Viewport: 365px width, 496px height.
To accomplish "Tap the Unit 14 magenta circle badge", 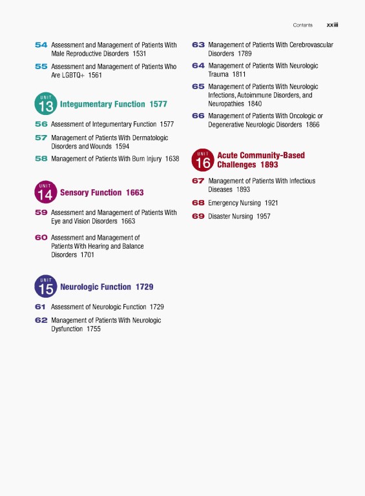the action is pos(45,192).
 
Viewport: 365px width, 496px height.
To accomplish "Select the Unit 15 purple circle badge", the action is pos(45,286).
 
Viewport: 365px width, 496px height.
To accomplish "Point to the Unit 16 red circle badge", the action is pos(203,160).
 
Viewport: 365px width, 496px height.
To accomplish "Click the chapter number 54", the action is pos(41,45).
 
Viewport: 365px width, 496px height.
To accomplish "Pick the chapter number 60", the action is pos(41,238).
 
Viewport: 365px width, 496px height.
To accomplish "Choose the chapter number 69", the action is pos(198,216).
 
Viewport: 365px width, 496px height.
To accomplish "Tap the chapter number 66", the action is pos(198,116).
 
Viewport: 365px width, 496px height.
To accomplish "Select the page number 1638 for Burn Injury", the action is pos(172,158).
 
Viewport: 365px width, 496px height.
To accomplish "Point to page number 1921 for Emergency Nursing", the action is pos(271,203).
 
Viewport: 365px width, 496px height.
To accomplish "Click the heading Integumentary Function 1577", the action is pos(113,104).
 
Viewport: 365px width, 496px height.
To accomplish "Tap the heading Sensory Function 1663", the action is pos(101,192).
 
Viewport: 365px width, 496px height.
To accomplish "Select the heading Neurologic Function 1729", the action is pos(107,287).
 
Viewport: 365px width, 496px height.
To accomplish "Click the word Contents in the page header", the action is pos(302,25).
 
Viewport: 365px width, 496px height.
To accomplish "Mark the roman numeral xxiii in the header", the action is pos(333,25).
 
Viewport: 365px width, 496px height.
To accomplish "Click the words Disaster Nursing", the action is pos(230,216).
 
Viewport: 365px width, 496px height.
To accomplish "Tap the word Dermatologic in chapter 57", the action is pos(147,138).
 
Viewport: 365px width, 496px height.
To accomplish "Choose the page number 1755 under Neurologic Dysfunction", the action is pos(93,329).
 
